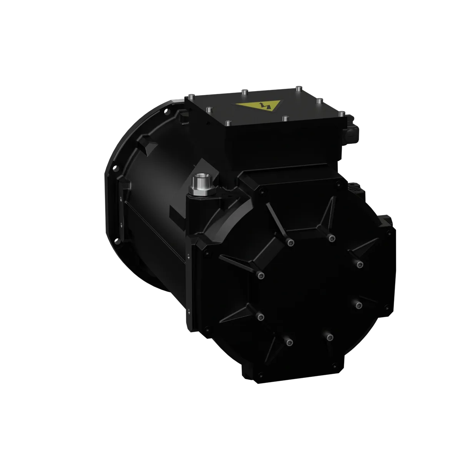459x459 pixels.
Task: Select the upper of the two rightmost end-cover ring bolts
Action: click(x=359, y=264)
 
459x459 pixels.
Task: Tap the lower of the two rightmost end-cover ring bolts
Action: click(x=358, y=305)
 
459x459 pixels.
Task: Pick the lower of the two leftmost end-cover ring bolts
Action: click(x=261, y=316)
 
